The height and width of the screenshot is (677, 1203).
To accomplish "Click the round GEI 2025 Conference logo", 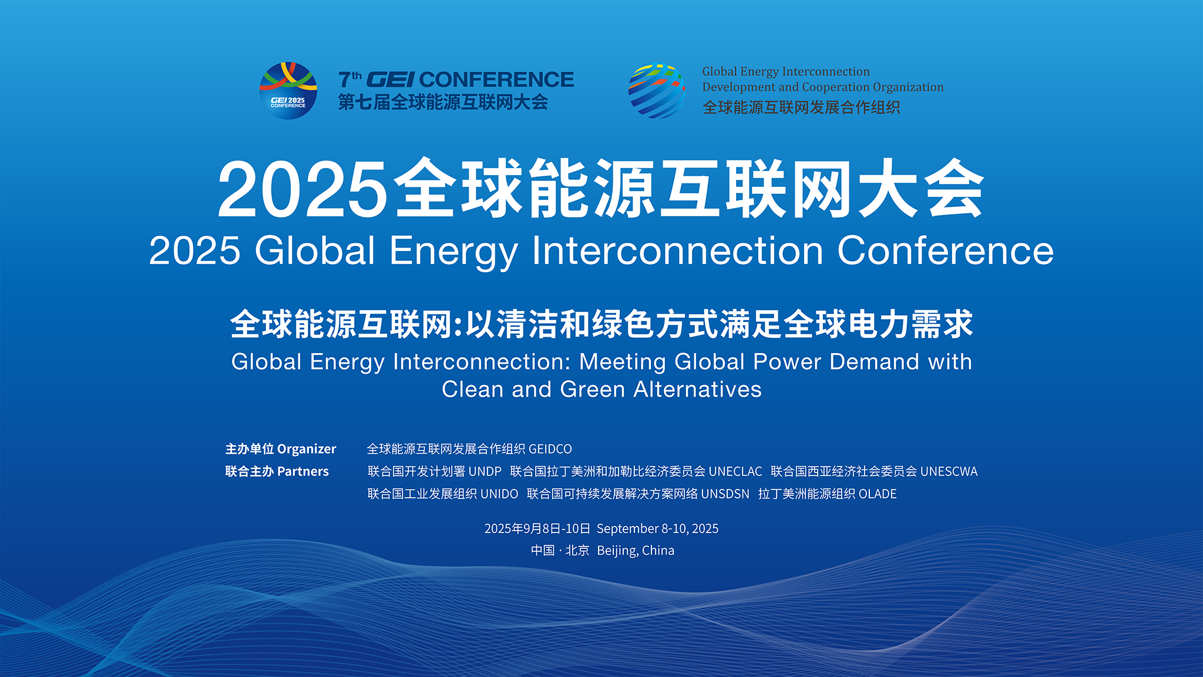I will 288,91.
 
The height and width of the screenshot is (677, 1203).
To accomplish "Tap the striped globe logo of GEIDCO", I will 657,91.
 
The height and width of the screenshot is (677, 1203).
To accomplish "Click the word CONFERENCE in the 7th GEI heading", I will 496,79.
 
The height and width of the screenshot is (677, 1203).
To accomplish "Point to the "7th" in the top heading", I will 350,79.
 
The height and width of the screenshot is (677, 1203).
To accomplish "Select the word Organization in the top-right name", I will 908,87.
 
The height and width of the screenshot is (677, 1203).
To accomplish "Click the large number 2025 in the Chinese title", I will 303,189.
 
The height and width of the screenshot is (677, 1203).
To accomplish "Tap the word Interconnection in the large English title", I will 677,251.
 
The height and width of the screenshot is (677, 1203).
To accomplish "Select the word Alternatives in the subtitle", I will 697,389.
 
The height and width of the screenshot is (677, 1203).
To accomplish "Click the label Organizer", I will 307,449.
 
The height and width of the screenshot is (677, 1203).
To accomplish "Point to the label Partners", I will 303,471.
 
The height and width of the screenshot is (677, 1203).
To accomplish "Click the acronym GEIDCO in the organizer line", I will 550,449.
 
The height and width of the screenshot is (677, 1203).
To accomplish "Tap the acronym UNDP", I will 485,471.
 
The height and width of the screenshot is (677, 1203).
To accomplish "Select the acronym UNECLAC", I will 735,471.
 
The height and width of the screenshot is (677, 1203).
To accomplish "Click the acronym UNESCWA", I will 949,471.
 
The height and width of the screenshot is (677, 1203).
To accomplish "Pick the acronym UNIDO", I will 499,494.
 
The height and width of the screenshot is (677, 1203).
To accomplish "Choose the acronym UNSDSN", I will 725,494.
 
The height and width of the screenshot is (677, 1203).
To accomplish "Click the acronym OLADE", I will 878,494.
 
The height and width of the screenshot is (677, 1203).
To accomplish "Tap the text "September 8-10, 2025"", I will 657,528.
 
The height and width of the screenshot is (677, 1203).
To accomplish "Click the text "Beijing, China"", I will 636,551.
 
